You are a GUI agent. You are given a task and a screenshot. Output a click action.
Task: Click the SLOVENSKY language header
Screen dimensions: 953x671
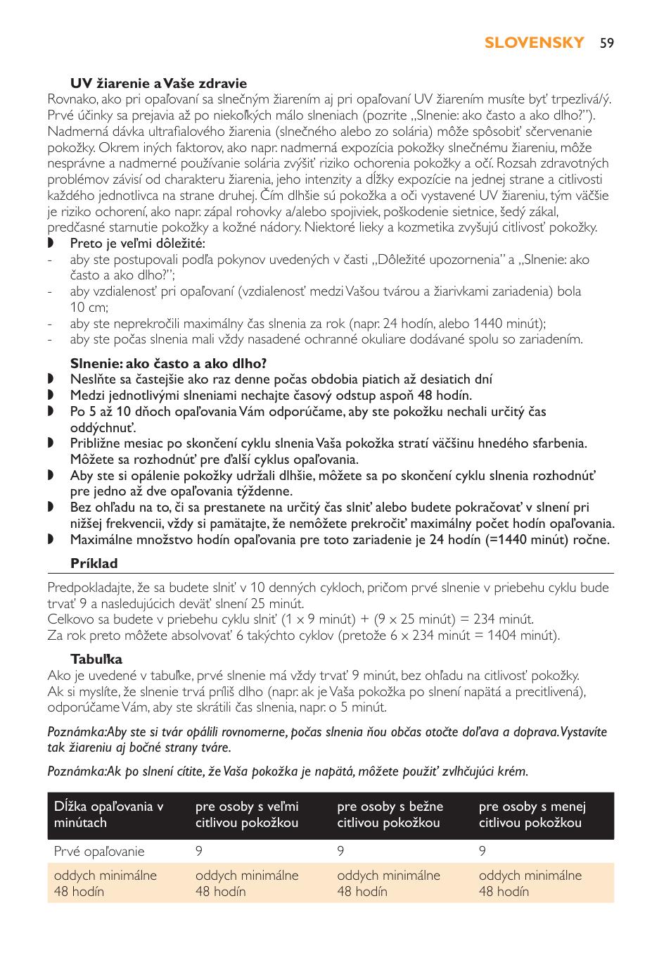pos(534,43)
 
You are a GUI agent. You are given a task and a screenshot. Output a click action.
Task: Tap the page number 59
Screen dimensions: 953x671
pos(607,44)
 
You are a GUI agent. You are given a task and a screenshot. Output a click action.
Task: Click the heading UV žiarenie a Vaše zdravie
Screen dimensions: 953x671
pos(158,83)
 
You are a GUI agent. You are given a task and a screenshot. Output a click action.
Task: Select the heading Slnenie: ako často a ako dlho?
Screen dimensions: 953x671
pos(168,363)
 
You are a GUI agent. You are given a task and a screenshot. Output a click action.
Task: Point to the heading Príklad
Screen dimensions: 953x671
pos(94,563)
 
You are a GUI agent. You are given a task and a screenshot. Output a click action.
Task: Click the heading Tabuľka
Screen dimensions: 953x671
pos(96,659)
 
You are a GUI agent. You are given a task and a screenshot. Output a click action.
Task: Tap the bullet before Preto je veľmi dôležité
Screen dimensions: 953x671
pos(51,244)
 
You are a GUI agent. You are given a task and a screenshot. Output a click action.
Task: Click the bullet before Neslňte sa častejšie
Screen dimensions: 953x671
pos(51,379)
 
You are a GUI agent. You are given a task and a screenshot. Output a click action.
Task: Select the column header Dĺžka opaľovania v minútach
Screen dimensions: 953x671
pos(108,814)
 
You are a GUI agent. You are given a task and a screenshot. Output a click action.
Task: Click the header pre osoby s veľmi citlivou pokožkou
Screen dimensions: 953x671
pos(247,814)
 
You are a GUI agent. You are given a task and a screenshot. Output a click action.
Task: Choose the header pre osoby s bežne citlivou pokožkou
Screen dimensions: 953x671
pos(390,814)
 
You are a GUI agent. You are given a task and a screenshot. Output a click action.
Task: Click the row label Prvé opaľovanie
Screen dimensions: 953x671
pos(99,851)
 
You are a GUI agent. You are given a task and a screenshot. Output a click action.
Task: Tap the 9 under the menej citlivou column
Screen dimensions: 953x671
pos(483,851)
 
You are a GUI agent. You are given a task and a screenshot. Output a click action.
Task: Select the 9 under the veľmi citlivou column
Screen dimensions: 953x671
pos(199,851)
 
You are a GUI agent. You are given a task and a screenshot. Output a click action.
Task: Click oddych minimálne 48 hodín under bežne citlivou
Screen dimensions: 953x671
pos(388,883)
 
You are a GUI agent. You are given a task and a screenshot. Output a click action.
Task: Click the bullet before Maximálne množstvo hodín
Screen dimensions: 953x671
pos(51,540)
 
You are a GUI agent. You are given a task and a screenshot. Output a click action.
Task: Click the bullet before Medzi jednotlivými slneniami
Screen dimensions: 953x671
pos(51,396)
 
